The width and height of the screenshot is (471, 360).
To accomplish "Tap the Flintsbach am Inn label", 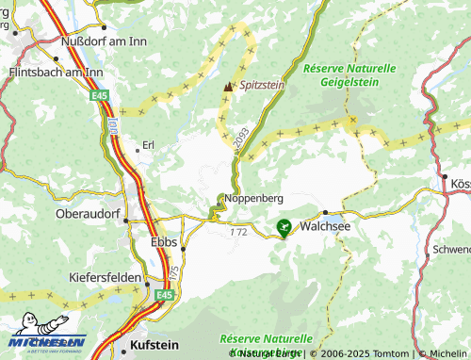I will pos(54,72).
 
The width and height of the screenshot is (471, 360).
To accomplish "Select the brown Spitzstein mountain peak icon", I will pos(227,87).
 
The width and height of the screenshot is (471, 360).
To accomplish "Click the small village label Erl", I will pos(147,145).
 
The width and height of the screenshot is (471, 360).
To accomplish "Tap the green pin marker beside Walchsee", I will pos(284,226).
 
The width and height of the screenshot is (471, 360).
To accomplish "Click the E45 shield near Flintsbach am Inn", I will pos(101,96).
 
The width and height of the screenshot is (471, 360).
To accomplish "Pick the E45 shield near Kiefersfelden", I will pos(165,295).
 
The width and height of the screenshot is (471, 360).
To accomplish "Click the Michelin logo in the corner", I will pos(47,336).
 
